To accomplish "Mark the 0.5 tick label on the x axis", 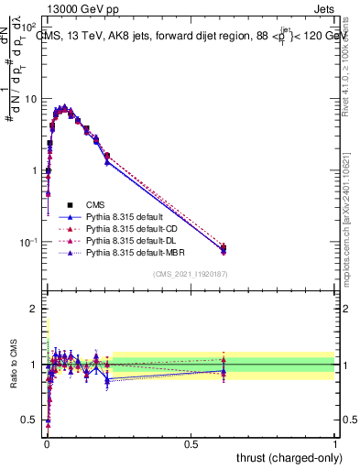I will pyautogui.click(x=191, y=443).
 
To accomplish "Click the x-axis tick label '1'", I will pyautogui.click(x=334, y=443).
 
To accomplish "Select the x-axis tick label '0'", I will pyautogui.click(x=45, y=443).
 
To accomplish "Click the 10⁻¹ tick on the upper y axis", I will pyautogui.click(x=27, y=243).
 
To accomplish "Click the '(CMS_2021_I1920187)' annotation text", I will pyautogui.click(x=190, y=274).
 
